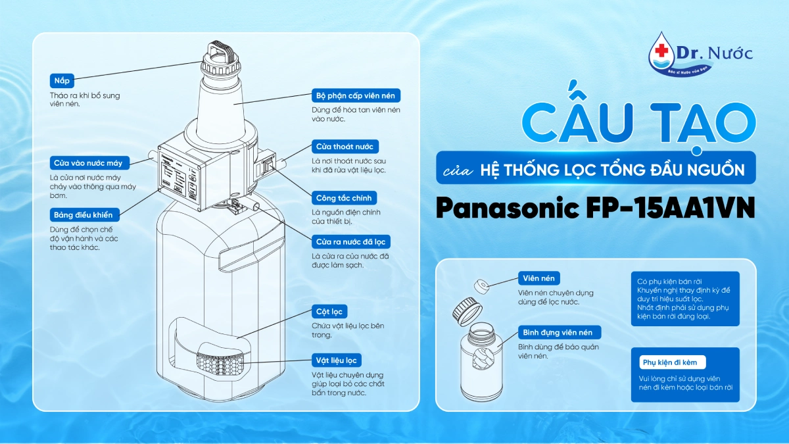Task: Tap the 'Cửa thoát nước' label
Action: [x=345, y=146]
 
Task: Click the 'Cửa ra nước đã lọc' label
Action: [x=351, y=242]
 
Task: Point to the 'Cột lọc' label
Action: [x=329, y=311]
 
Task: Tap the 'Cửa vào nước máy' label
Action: [x=90, y=163]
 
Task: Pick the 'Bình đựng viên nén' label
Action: [x=560, y=332]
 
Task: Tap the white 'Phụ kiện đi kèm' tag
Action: [x=672, y=362]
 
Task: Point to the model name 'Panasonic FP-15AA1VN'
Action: [x=595, y=208]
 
